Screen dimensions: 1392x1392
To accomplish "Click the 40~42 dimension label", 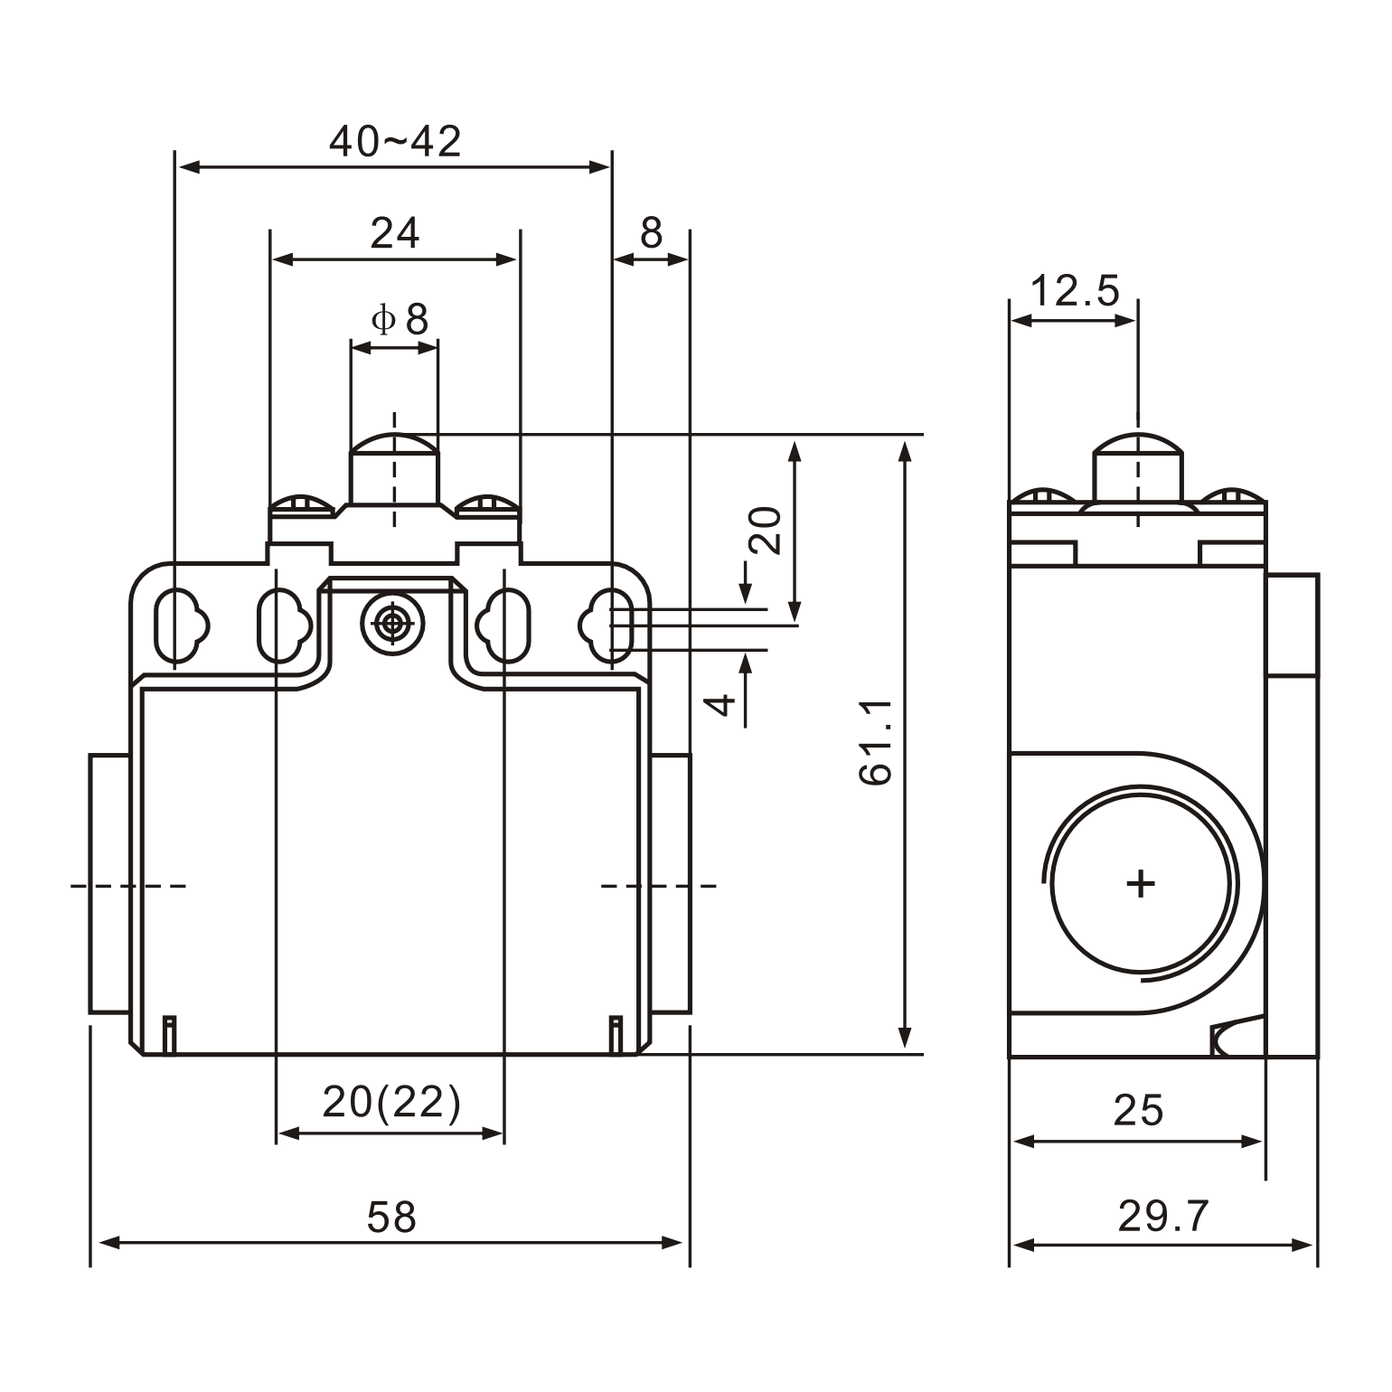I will tap(395, 141).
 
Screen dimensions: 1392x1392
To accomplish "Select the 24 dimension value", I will tap(395, 233).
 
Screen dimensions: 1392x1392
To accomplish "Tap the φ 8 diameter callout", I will tap(400, 319).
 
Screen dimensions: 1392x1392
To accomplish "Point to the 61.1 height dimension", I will tap(875, 741).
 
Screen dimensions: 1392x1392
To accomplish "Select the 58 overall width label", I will tap(391, 1217).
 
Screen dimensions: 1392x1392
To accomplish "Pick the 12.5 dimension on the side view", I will tap(1074, 291).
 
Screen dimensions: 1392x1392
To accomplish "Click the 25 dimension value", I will tap(1138, 1110).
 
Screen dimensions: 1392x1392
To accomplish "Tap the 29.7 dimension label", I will tap(1163, 1217).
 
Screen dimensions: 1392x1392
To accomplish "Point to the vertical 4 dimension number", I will tap(720, 704).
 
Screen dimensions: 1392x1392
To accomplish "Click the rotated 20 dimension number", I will tap(765, 530).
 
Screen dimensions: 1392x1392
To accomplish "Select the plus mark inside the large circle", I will tap(1141, 882).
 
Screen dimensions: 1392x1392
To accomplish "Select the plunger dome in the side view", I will tap(1138, 447).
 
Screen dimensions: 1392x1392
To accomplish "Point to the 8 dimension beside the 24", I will tap(651, 233).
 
